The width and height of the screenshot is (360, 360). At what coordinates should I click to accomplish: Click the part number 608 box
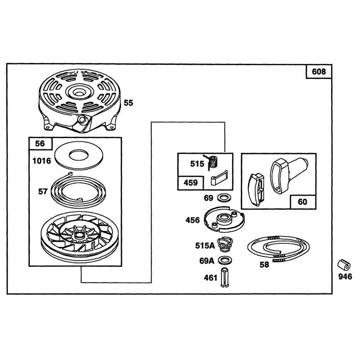(319, 72)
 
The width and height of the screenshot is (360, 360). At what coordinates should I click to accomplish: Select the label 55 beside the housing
(128, 103)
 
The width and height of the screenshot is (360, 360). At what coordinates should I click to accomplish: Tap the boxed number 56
(40, 144)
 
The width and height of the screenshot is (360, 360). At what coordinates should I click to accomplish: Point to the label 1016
(42, 161)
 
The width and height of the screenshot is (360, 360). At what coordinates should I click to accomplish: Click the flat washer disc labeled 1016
(79, 155)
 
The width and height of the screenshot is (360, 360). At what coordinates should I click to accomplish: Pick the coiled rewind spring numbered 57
(78, 190)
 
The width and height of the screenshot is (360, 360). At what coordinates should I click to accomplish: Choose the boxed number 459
(190, 183)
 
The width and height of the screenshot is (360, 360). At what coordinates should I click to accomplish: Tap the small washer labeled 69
(224, 198)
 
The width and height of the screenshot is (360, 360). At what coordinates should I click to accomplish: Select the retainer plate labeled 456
(225, 219)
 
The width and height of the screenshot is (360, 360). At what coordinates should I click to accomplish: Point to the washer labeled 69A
(225, 261)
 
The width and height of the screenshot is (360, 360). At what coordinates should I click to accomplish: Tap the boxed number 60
(302, 202)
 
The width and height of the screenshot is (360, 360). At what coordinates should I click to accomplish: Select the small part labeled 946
(344, 265)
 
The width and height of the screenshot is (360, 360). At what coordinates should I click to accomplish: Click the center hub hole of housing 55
(79, 93)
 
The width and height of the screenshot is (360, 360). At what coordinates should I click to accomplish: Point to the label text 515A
(205, 246)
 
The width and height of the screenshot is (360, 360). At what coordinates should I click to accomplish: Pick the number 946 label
(345, 277)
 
